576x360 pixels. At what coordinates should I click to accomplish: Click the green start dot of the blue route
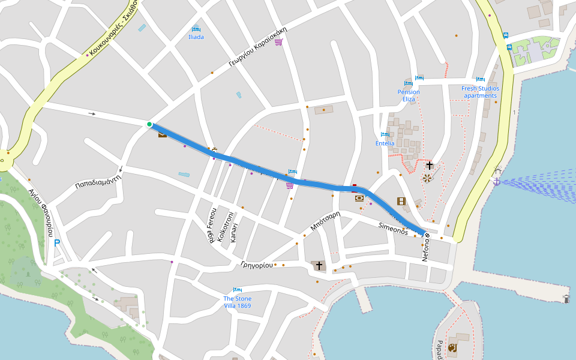(149, 124)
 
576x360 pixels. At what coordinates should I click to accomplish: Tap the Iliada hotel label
(196, 37)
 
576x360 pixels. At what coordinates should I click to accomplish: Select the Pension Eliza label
(409, 95)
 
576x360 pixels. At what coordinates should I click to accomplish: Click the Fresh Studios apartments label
(480, 92)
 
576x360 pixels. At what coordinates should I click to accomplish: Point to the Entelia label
(385, 143)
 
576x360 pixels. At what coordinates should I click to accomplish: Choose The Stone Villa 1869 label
(238, 302)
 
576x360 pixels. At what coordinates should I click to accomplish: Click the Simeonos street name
(393, 228)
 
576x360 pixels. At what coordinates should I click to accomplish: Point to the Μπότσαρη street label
(325, 221)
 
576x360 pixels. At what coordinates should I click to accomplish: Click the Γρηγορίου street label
(256, 265)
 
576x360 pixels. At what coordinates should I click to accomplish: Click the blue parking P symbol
(57, 243)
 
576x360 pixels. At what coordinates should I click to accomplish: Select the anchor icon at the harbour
(496, 181)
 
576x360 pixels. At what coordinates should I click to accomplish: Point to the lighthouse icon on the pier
(566, 298)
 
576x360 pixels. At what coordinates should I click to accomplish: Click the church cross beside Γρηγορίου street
(319, 265)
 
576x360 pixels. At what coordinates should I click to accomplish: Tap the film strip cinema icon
(401, 201)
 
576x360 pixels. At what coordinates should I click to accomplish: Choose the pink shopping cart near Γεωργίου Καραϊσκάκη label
(278, 42)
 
